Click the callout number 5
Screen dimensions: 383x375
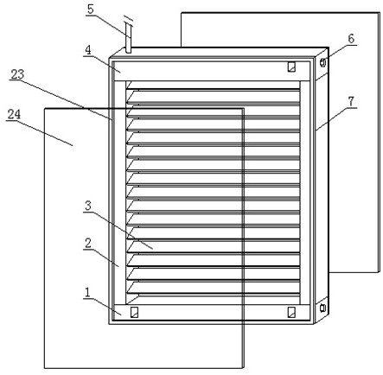pos(91,10)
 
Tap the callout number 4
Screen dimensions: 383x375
pos(88,50)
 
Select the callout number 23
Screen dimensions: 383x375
pos(17,74)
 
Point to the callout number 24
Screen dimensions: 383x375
pos(14,114)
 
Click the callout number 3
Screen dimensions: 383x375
pos(88,206)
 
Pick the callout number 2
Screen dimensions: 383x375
pos(88,244)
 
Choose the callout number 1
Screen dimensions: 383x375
pos(87,293)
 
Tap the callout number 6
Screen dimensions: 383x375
pos(351,39)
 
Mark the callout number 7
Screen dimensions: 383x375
pos(351,101)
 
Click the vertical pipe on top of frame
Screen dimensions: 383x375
pos(129,39)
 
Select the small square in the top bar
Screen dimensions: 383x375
pos(291,67)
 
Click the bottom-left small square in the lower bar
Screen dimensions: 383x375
pos(134,312)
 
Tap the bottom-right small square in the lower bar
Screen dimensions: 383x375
pos(291,312)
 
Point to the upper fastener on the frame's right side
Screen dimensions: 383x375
pos(323,62)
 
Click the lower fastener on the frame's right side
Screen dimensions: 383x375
pos(322,308)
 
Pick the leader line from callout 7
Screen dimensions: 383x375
pos(336,119)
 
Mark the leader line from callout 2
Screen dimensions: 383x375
pos(101,258)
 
